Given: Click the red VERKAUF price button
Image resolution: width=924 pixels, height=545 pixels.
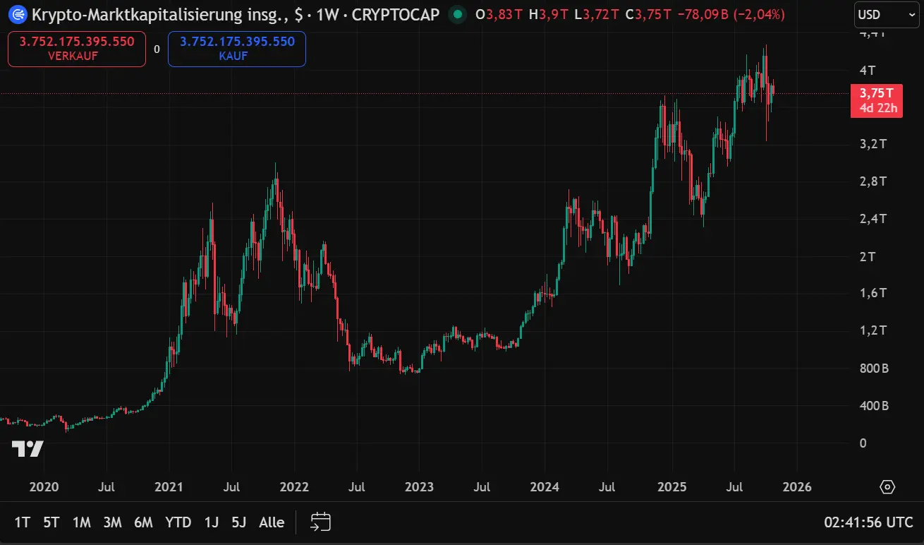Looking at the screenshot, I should pos(77,49).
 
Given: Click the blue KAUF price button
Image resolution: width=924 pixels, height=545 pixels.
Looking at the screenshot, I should pos(237,49).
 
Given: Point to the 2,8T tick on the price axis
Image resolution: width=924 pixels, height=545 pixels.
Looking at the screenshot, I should pos(873,181).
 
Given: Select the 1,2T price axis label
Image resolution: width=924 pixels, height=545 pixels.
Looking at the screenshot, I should pos(873,330).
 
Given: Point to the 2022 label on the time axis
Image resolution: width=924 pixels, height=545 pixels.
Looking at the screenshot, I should pos(294,487).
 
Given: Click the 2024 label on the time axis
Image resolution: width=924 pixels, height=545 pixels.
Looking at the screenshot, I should pos(545,487).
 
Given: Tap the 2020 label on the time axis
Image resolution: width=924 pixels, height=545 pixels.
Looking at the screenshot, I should pos(44,487).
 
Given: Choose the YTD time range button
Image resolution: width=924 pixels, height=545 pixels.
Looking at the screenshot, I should pos(178,522).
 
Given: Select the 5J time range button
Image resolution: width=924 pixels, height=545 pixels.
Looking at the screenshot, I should pos(239,522).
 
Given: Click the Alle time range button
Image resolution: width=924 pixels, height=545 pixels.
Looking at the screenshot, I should pos(272,522).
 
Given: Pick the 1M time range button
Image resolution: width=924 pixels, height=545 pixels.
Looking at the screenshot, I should pos(82,522).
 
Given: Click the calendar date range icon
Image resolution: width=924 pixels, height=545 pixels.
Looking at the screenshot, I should pos(321,522).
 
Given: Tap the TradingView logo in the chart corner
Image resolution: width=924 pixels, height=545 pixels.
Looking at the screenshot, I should pos(28,448).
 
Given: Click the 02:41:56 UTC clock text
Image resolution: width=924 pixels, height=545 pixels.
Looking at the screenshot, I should pos(868,522).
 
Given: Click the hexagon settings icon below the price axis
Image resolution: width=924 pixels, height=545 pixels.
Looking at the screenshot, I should pos(887,487).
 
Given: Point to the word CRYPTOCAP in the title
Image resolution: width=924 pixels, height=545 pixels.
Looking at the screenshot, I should pos(396,14).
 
